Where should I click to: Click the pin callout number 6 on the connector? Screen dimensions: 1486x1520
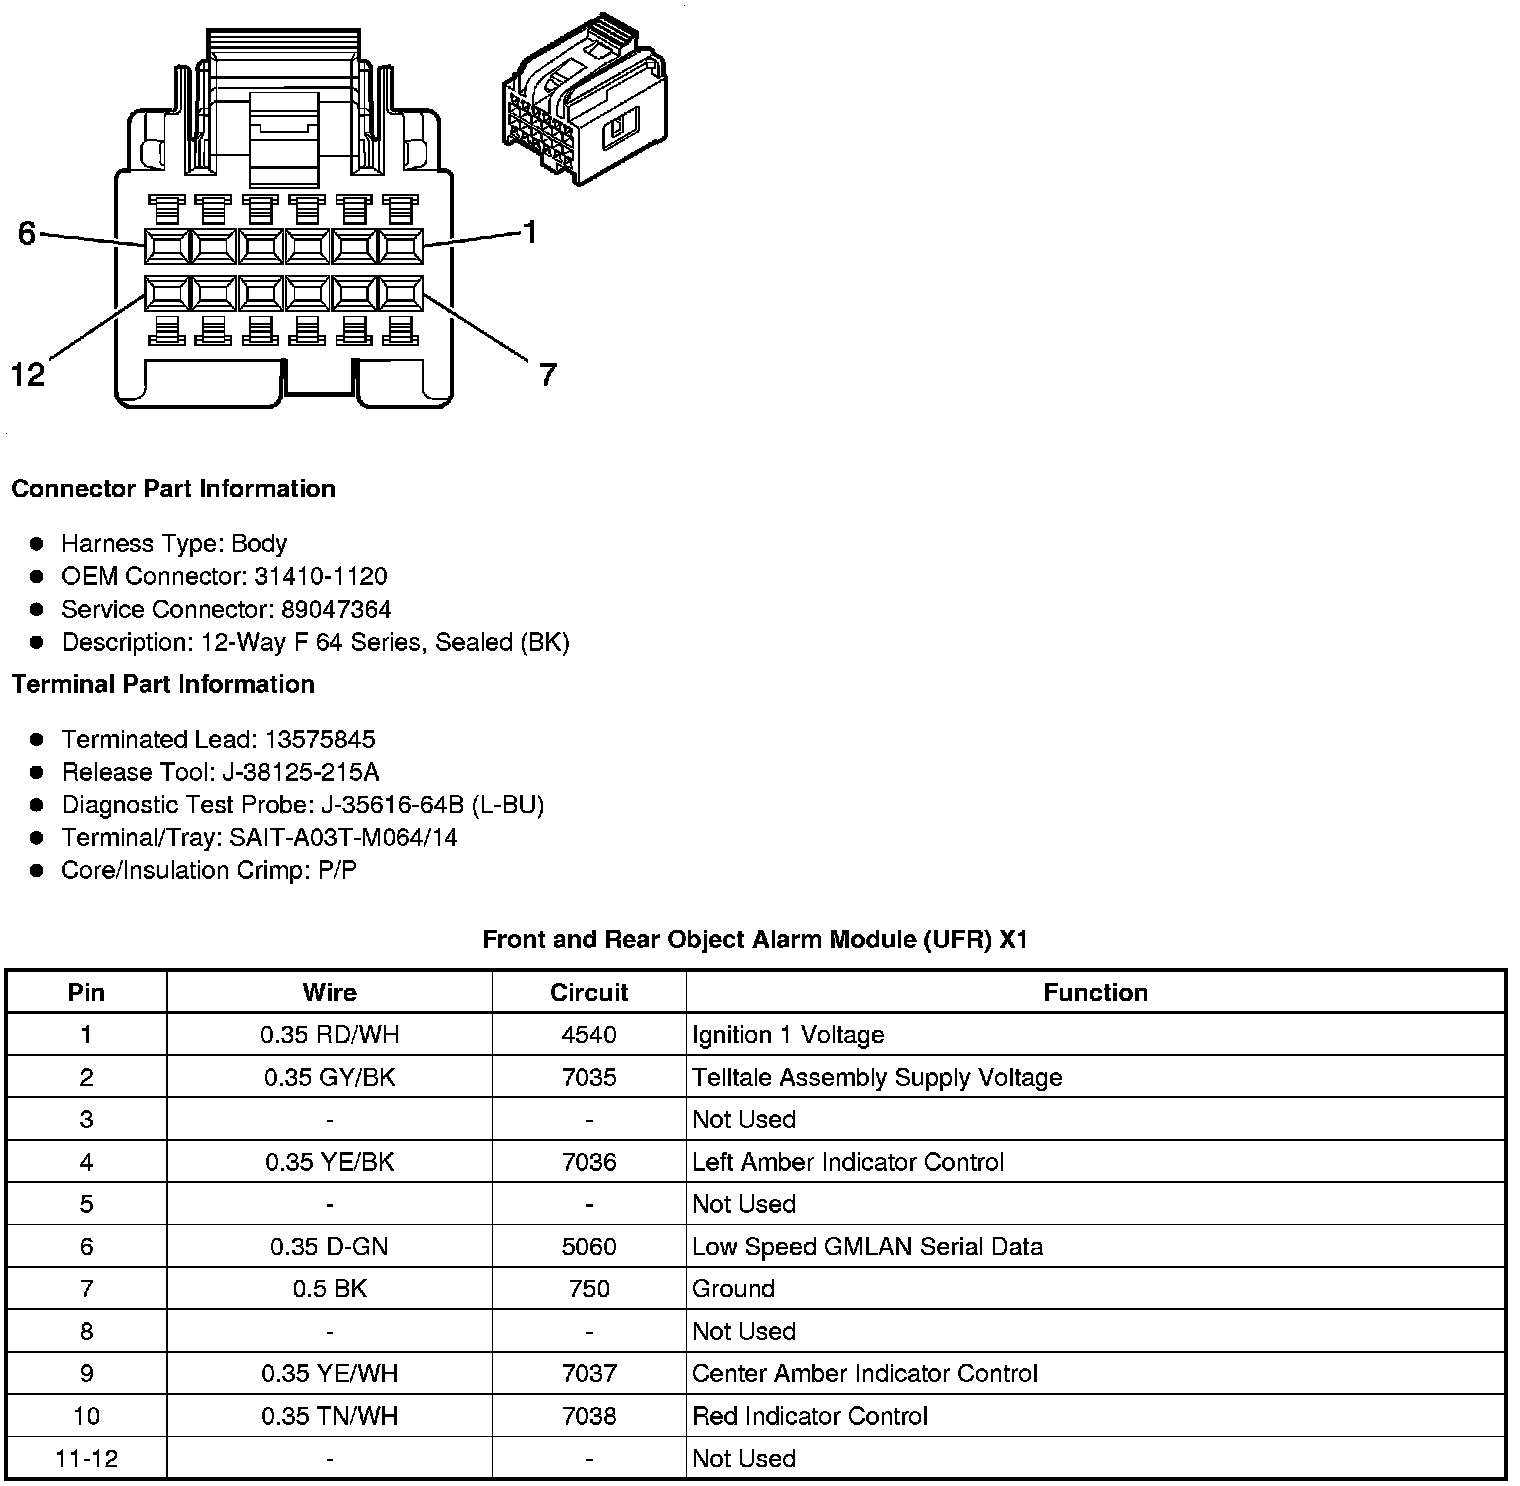[x=27, y=233]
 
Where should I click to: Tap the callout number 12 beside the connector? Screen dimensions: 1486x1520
[x=28, y=375]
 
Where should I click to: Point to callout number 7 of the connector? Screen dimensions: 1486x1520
[x=547, y=375]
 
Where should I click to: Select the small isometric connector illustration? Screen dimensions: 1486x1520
[x=583, y=100]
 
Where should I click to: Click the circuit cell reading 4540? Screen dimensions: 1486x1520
[x=589, y=1035]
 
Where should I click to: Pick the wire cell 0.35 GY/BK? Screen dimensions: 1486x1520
[x=329, y=1077]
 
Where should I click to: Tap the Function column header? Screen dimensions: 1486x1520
[x=1095, y=992]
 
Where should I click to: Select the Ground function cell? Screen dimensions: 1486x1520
[x=734, y=1289]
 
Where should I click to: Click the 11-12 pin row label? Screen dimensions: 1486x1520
[x=86, y=1458]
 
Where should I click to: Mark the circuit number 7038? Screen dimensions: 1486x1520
[x=589, y=1416]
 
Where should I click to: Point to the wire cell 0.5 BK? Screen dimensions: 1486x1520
[x=329, y=1289]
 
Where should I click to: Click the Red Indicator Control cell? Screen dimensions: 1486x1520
[x=810, y=1416]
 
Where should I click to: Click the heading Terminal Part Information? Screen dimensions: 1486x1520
[x=163, y=684]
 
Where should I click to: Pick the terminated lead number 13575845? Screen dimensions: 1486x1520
[x=319, y=739]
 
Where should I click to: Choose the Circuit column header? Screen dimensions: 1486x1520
[x=589, y=992]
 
